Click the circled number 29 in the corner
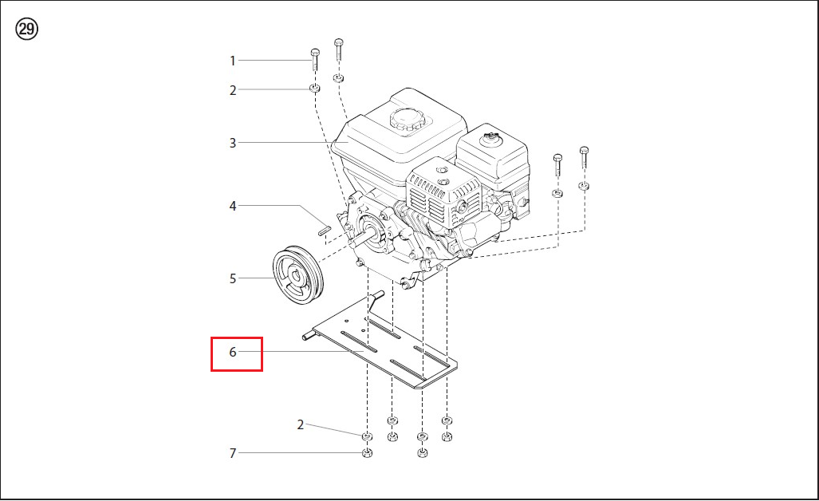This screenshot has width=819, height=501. pos(26,29)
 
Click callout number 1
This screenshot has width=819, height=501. pos(232,61)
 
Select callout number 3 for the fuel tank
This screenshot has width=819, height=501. pos(232,143)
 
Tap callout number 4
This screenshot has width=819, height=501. pos(232,207)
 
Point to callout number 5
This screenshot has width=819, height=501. pos(232,279)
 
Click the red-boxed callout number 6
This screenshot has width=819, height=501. pos(233,352)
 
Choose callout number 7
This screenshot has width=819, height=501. pos(232,453)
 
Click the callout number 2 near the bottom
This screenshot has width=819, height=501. pos(301,424)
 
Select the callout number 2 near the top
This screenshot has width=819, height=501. pos(232,90)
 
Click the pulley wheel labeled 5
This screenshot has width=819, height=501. pos(297,274)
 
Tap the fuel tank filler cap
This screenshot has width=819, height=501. pos(410,120)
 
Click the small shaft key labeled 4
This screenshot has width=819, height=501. pos(324,229)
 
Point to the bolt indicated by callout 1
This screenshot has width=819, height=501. pos(315,60)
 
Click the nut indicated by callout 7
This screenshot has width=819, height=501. pos(367,453)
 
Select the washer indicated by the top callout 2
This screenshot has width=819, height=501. pos(315,87)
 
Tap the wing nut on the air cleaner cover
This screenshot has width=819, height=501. pos(491,138)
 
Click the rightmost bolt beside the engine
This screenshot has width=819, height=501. pos(584,157)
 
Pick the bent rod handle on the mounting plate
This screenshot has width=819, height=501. pos(375,302)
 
